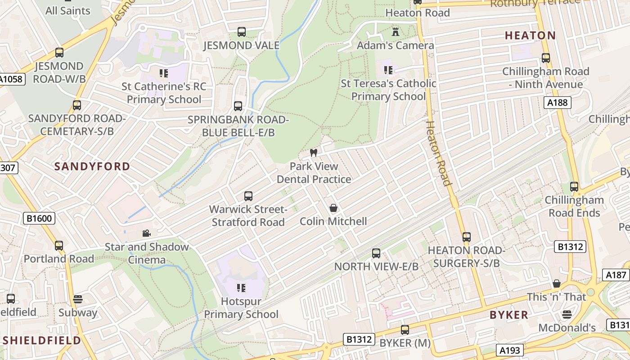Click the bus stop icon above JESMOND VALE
point(242,32)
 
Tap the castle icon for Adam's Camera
point(396,32)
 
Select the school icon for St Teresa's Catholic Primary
point(388,70)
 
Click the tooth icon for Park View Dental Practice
point(314,153)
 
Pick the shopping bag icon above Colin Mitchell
point(333,208)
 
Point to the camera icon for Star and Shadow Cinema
point(146,233)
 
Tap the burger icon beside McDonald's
point(567,314)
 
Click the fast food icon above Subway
point(78,299)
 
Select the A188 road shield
point(557,103)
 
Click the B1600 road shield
point(40,219)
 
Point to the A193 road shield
point(510,350)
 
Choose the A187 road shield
point(616,275)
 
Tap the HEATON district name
point(530,35)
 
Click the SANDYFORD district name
point(92,166)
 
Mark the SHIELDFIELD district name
point(40,340)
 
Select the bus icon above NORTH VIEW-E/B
point(376,253)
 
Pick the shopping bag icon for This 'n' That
point(557,283)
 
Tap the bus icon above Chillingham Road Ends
point(574,187)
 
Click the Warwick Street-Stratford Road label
point(248,216)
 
